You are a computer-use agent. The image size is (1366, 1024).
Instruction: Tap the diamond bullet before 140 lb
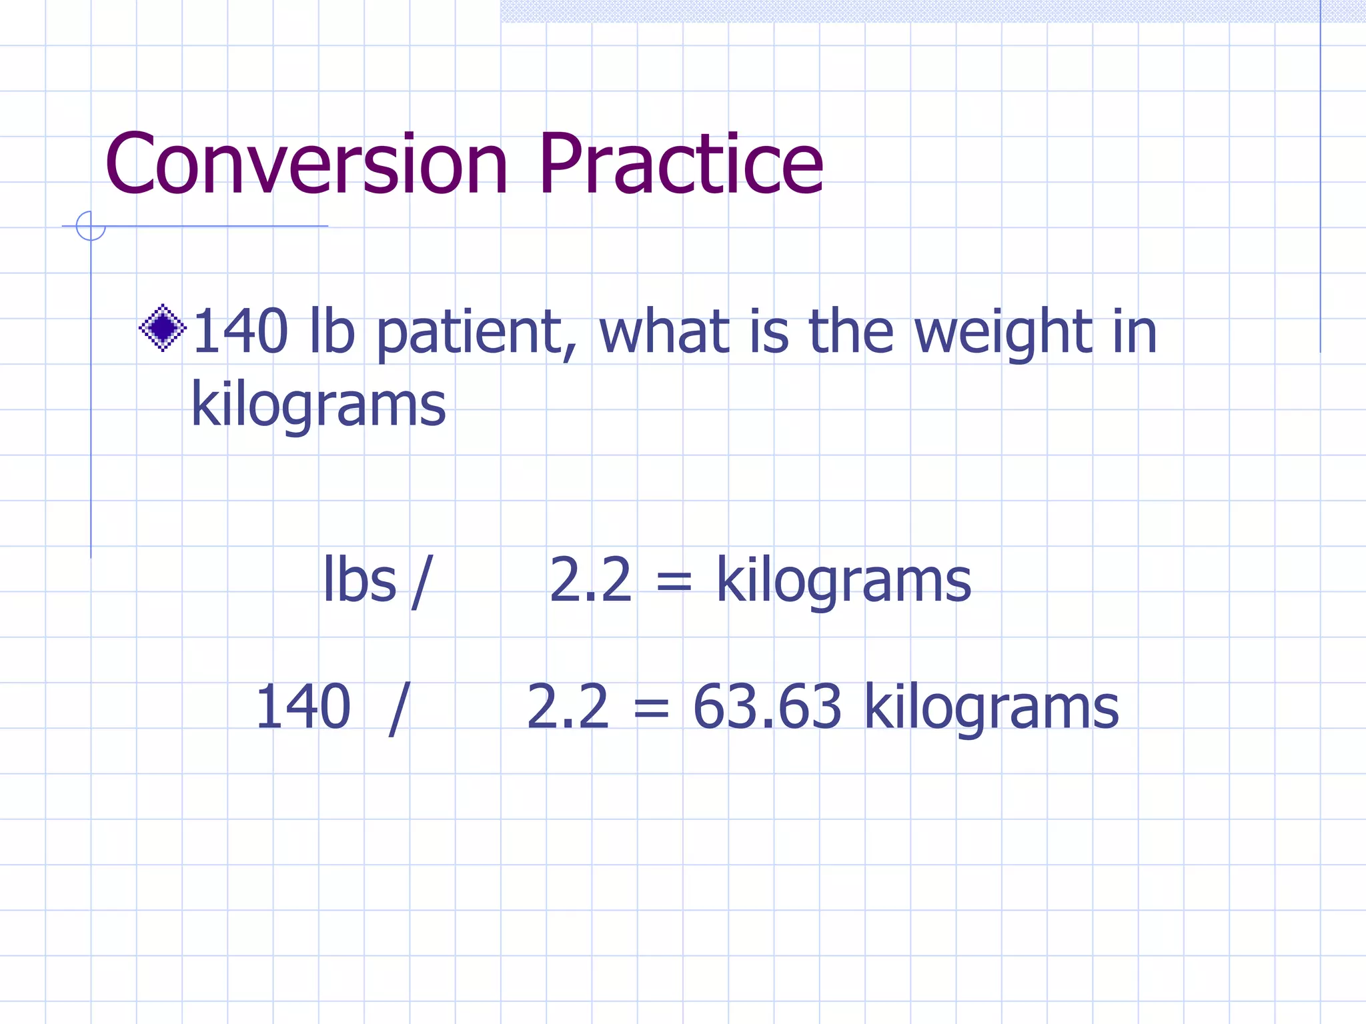pos(163,327)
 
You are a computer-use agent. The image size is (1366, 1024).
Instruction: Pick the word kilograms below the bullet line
pos(318,405)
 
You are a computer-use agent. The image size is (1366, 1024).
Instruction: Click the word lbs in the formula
pos(360,581)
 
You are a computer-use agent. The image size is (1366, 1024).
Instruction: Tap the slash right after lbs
pos(422,582)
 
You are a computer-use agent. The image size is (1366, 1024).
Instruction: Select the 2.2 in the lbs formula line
pos(590,580)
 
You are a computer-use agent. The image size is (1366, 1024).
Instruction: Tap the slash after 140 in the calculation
pos(398,709)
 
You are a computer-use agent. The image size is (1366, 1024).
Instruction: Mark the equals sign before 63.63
pos(651,709)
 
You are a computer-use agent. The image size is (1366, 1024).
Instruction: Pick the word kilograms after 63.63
pos(991,708)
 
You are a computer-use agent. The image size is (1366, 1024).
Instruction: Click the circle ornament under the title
pos(91,226)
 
